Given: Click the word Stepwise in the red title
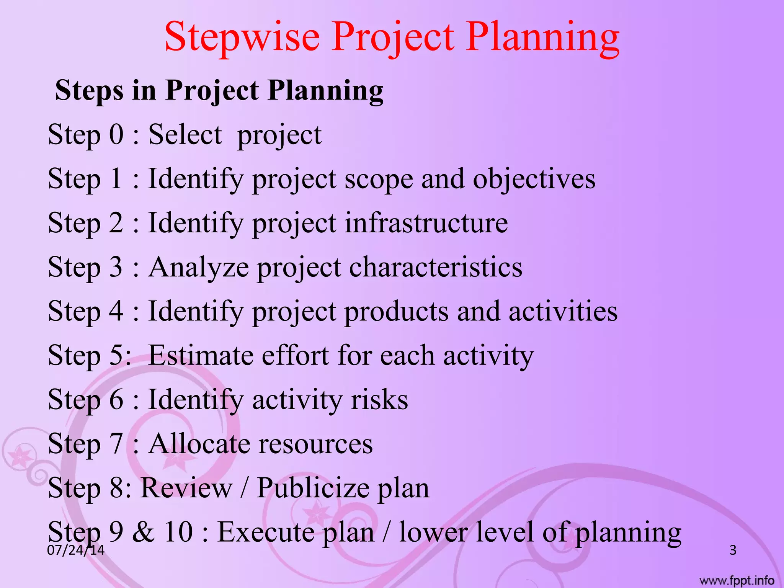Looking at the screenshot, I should tap(242, 38).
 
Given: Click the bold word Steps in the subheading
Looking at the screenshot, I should tap(89, 91).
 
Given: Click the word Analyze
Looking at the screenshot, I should tap(199, 268).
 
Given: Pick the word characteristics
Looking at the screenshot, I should tap(436, 267).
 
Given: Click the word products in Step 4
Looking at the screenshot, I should tap(396, 312).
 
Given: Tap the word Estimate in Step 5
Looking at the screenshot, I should tap(201, 356).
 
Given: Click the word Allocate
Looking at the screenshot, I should tap(199, 444).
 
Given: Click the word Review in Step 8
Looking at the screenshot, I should tap(186, 488).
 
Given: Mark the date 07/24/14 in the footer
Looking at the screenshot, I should tap(75, 550).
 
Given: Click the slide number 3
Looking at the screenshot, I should tap(733, 550).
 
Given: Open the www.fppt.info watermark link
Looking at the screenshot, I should tap(737, 581).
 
